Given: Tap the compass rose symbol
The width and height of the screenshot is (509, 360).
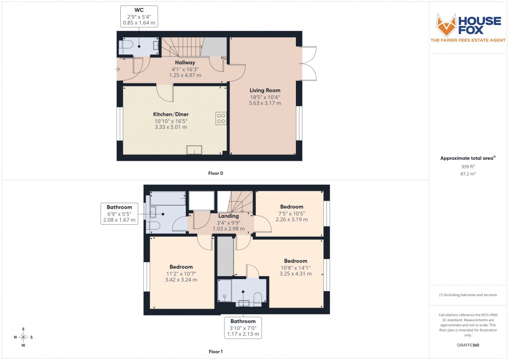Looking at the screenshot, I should click(23, 337).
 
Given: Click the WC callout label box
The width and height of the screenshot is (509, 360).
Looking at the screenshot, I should click(139, 16).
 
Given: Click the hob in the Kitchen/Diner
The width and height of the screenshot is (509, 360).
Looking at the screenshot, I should click(221, 118).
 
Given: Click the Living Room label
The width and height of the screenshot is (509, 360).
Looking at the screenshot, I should click(265, 90).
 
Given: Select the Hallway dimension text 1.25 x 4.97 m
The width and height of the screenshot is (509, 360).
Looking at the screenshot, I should click(185, 75).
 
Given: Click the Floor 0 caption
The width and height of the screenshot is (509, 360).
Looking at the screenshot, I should click(216, 173).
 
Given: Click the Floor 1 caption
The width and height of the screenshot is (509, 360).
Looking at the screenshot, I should click(216, 352).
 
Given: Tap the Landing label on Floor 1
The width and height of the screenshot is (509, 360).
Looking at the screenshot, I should click(229, 216).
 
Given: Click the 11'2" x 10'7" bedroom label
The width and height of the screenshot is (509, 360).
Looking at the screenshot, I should click(181, 273).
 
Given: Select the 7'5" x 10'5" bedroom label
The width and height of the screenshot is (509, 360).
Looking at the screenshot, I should click(291, 213).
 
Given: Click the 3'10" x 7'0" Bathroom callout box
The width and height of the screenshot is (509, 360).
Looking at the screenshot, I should click(243, 328).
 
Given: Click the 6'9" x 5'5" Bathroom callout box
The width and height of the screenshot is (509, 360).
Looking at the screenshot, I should click(119, 213).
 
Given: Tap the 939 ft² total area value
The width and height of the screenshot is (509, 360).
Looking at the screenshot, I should click(468, 166).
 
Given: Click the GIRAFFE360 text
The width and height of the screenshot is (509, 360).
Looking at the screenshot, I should click(468, 345).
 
